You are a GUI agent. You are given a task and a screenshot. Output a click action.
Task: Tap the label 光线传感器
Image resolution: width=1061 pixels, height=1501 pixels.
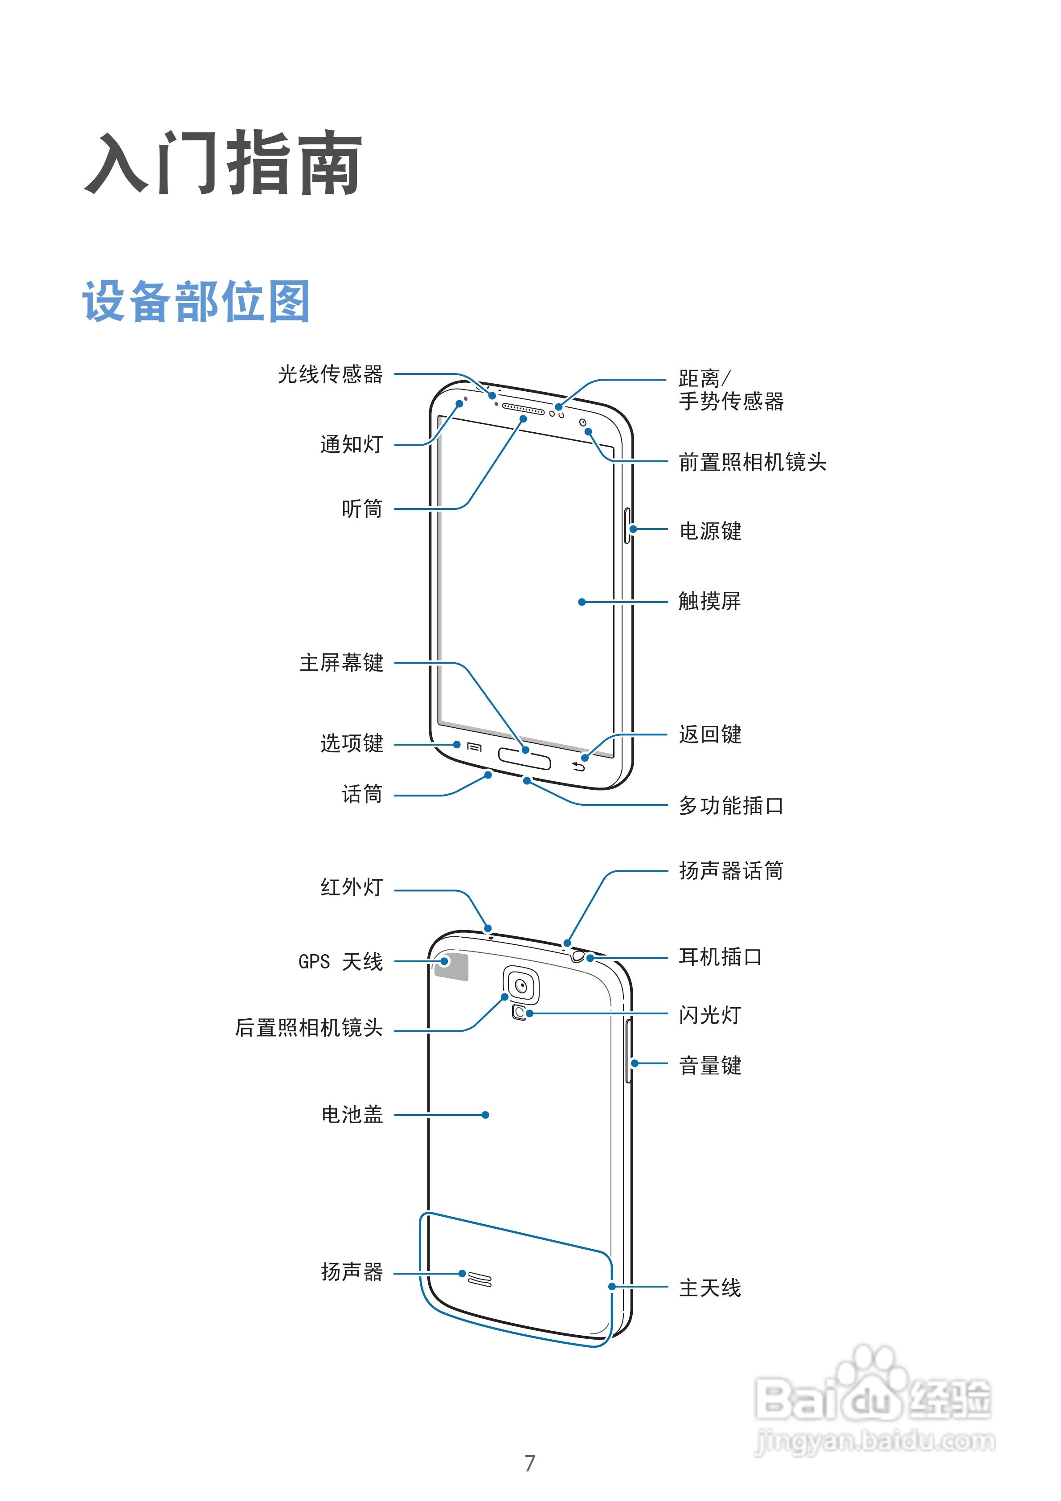point(330,375)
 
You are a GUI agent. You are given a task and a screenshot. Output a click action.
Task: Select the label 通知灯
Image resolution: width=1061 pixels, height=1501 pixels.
point(351,444)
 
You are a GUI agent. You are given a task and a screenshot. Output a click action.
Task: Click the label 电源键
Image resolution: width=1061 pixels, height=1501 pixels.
point(710,531)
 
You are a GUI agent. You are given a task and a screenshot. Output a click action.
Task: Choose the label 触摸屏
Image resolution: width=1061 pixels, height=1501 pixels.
point(709,601)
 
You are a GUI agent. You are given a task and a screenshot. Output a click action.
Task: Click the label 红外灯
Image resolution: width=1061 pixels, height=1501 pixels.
point(351,887)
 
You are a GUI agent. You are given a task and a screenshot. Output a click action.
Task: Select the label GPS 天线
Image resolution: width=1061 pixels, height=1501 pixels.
point(340,962)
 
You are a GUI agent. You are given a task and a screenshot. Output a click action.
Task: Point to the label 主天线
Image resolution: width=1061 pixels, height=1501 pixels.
point(710,1288)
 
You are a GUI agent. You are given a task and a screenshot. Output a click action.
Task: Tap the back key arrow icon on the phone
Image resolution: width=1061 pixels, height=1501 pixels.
point(578,766)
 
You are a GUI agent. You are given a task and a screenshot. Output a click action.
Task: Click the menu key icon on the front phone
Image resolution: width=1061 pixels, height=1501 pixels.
point(475,746)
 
